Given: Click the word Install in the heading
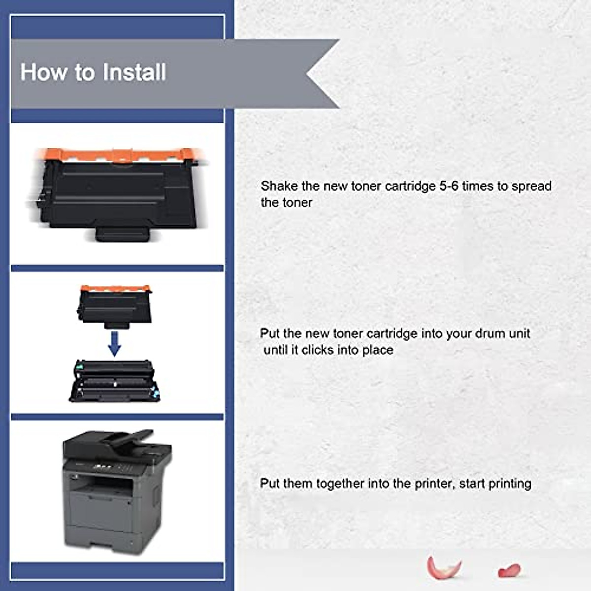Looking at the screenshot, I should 134,72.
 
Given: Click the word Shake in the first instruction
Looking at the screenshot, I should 279,186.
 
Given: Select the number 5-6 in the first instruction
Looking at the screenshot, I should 449,186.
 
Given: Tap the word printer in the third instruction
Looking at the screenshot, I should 434,484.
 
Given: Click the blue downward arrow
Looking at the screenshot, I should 114,344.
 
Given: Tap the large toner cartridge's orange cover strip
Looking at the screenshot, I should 115,155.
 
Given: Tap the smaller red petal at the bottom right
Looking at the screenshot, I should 509,570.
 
